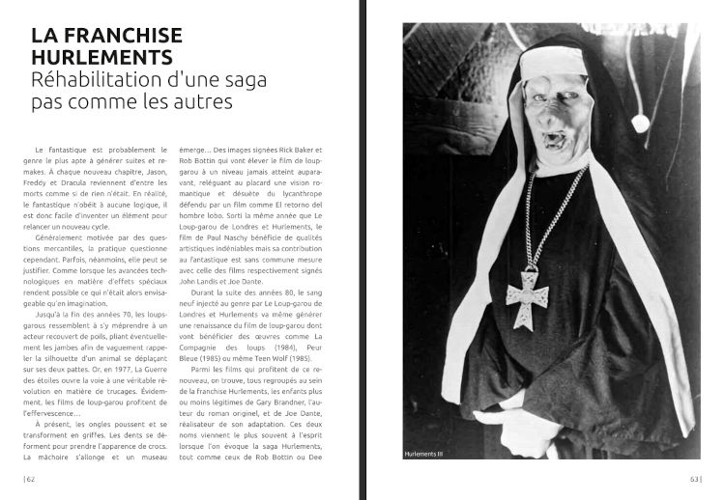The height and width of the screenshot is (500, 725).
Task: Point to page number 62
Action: pyautogui.click(x=30, y=477)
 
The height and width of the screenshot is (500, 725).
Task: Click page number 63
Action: pyautogui.click(x=694, y=477)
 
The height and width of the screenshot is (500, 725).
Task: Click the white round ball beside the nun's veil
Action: pyautogui.click(x=639, y=123)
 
